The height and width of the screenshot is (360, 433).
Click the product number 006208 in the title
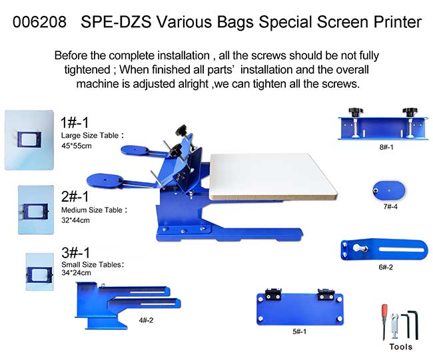[39, 22]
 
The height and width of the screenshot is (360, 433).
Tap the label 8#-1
[386, 147]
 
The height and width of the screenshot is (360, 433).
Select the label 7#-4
[390, 207]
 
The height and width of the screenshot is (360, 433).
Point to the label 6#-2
[386, 267]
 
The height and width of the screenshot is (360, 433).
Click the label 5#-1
[300, 331]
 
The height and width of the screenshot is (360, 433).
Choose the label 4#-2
[146, 320]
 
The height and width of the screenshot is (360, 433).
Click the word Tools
[400, 347]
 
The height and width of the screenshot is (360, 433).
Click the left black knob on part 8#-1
[356, 112]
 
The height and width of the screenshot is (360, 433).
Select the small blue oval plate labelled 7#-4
[389, 190]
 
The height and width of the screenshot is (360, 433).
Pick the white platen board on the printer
[272, 176]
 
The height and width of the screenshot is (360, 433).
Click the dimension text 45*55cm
[77, 146]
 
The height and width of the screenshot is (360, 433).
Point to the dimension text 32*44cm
[75, 220]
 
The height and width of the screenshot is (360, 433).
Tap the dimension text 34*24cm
[76, 273]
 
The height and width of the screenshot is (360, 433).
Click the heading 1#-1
[75, 122]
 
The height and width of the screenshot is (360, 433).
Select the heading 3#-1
[76, 253]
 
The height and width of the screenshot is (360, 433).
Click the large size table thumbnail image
[29, 140]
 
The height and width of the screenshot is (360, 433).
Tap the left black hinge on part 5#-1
[273, 294]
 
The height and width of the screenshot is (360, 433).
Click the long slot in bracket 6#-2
[401, 250]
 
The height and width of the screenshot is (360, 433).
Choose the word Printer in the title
[398, 22]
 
